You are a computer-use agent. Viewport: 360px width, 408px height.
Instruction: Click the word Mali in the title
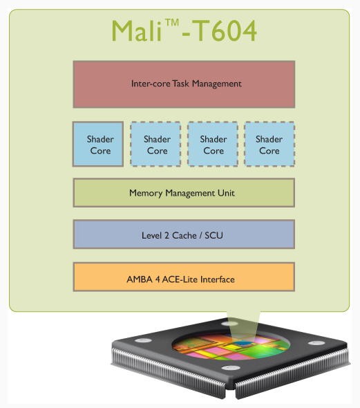[x=137, y=30]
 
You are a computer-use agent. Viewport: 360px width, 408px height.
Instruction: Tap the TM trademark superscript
[x=172, y=22]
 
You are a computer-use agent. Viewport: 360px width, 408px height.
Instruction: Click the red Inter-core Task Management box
[x=184, y=84]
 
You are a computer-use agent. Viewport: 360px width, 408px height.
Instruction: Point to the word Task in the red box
[x=180, y=84]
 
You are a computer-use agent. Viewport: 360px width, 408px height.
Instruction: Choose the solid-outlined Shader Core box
[x=98, y=144]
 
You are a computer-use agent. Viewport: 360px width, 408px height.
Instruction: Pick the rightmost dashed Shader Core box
[x=269, y=144]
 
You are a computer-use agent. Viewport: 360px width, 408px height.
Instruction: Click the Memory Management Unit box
[x=184, y=192]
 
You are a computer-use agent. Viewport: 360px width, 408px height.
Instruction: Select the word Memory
[x=146, y=194]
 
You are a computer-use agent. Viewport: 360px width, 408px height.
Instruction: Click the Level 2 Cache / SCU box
[x=184, y=234]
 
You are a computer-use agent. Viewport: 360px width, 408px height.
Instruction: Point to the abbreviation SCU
[x=214, y=235]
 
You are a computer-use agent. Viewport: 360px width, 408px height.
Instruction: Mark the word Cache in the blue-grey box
[x=184, y=235]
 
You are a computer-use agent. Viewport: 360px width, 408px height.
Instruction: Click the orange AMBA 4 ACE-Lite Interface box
[x=184, y=277]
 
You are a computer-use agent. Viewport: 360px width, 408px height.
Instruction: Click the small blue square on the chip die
[x=243, y=344]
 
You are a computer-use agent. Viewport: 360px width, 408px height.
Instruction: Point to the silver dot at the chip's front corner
[x=230, y=368]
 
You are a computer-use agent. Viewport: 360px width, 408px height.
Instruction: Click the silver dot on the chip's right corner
[x=316, y=343]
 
